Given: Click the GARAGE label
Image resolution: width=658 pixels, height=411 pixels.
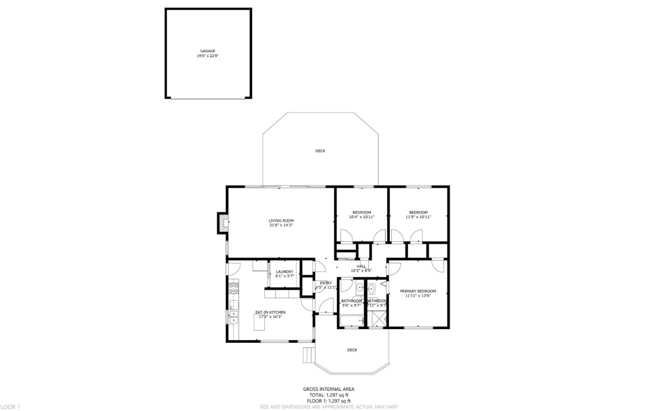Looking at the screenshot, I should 207,51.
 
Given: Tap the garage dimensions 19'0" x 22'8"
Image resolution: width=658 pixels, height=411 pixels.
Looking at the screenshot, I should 207,56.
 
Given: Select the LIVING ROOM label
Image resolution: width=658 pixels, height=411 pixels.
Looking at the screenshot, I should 281,221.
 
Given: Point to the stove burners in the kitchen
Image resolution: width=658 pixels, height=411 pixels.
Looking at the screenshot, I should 233,288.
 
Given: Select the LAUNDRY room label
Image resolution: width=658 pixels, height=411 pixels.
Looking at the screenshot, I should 284,272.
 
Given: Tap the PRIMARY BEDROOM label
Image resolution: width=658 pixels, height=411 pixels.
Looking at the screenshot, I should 418,291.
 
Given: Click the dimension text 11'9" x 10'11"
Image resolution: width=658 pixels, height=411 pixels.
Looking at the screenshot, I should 418,217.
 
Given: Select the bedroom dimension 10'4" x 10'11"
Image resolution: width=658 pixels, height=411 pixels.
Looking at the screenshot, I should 361,217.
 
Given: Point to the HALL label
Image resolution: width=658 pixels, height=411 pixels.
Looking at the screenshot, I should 361,267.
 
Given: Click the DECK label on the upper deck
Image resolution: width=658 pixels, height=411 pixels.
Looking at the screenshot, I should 320,151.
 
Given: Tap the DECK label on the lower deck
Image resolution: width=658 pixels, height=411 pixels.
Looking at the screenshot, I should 352,350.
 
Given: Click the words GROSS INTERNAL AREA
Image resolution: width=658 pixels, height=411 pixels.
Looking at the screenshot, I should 329,390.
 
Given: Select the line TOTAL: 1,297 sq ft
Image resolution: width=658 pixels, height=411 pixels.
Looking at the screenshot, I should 329,395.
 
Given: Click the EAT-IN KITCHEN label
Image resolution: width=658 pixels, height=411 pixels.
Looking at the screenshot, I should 270,312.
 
